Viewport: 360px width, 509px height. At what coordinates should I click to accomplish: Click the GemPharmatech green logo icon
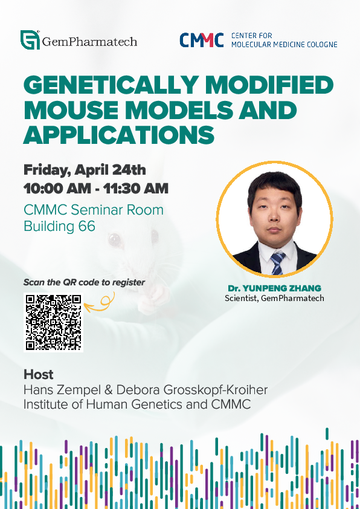(x=30, y=40)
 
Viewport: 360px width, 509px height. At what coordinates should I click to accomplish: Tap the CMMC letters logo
(x=202, y=40)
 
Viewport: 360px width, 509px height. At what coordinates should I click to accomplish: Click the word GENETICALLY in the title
(x=110, y=85)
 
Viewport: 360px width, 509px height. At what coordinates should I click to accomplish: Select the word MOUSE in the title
(x=71, y=110)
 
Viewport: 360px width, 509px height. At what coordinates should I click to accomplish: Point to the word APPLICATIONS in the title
(x=119, y=135)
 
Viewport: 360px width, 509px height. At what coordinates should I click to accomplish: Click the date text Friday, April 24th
(x=85, y=170)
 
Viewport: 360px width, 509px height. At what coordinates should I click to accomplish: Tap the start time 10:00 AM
(x=57, y=189)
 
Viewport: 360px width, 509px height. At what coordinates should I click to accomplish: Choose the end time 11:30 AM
(x=136, y=189)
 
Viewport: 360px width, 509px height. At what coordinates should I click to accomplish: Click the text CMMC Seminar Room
(x=94, y=210)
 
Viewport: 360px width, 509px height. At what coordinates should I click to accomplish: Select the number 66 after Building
(x=87, y=226)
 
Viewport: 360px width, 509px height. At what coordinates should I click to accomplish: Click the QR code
(x=53, y=322)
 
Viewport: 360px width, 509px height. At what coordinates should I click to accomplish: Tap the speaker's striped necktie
(x=277, y=263)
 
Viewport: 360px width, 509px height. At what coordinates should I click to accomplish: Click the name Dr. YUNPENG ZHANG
(x=274, y=288)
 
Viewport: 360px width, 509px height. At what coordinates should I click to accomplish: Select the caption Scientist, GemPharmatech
(x=274, y=298)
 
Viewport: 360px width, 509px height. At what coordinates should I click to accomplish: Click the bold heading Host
(x=38, y=374)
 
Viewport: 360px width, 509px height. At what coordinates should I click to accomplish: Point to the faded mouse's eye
(x=115, y=239)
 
